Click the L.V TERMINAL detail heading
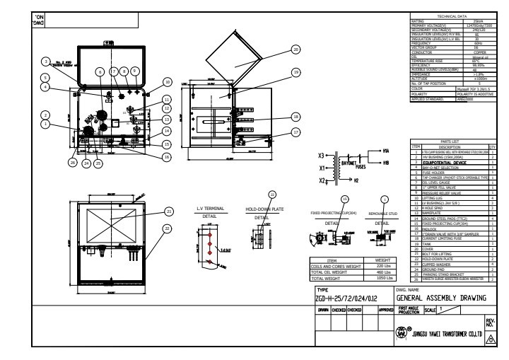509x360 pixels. pyautogui.click(x=210, y=209)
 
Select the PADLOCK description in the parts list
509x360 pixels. pyautogui.click(x=431, y=228)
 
